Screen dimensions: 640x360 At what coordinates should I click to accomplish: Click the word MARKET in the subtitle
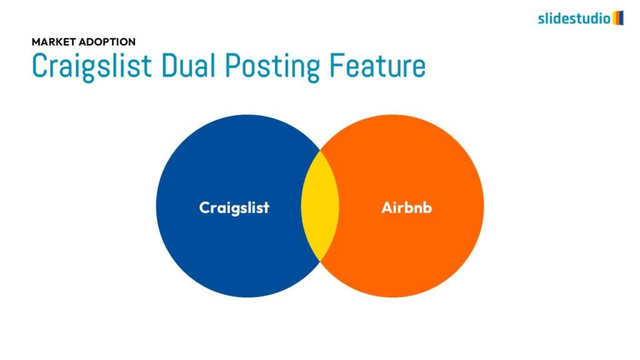click(x=54, y=42)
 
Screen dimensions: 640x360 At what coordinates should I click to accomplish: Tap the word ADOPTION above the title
click(x=107, y=42)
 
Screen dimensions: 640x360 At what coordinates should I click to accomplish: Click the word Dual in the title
click(x=188, y=65)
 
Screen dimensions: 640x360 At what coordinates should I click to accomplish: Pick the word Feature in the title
click(x=377, y=66)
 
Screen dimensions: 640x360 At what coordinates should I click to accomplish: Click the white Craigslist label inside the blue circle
click(x=234, y=207)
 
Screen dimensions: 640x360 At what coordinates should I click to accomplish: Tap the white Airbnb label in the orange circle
click(x=406, y=207)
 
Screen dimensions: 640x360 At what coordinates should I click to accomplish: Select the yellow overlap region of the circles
click(x=320, y=206)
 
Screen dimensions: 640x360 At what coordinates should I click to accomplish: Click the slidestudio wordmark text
click(x=574, y=18)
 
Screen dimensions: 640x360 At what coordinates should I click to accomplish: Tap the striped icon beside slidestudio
click(x=618, y=18)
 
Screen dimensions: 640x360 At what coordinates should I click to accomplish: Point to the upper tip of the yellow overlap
click(x=321, y=151)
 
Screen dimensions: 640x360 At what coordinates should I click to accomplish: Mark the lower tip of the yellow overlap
click(x=321, y=261)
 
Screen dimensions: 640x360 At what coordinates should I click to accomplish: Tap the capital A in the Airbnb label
click(x=387, y=207)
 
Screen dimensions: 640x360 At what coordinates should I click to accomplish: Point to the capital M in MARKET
click(x=36, y=42)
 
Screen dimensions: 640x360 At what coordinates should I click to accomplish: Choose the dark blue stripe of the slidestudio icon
click(x=622, y=18)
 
